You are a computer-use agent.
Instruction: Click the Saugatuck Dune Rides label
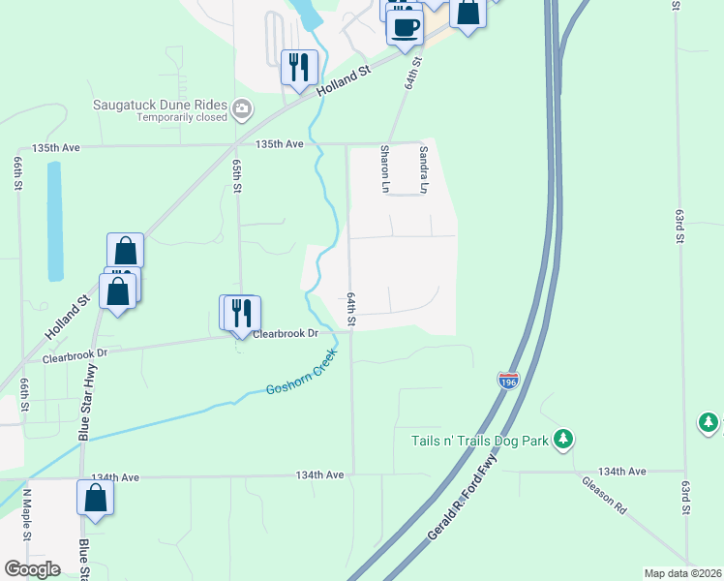coord(160,105)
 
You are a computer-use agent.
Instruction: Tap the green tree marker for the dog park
coord(562,441)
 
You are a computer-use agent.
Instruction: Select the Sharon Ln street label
coord(384,167)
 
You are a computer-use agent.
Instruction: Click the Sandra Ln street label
coord(423,167)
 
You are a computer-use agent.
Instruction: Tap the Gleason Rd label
coord(605,495)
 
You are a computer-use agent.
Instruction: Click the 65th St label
coord(235,175)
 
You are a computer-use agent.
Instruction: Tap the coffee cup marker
coord(405,26)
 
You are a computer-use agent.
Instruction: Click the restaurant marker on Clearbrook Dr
coord(241,313)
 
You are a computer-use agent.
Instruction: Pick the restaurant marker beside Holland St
coord(299,67)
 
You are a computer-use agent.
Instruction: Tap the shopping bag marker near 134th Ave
coord(96,498)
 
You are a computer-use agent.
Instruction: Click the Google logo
coord(32,569)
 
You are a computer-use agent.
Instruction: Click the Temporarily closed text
coord(181,118)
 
